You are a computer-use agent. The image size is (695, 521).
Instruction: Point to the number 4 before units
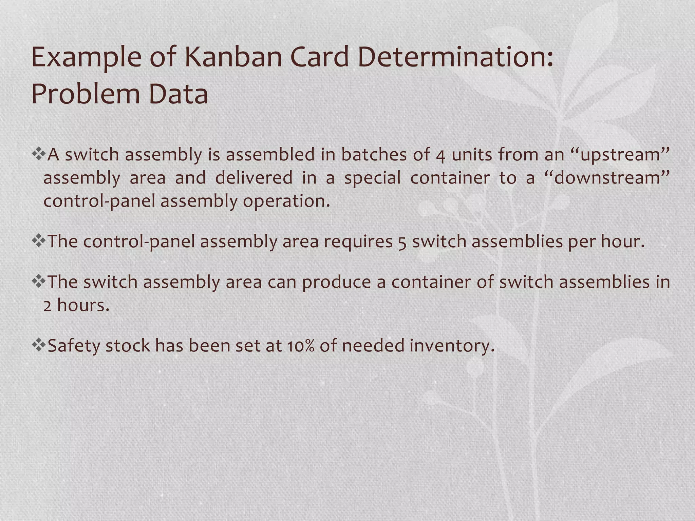pos(440,156)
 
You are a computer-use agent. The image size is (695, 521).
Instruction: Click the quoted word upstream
pos(620,155)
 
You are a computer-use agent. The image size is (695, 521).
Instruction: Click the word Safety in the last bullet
pos(74,346)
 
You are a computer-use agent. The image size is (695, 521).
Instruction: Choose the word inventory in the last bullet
pos(452,346)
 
